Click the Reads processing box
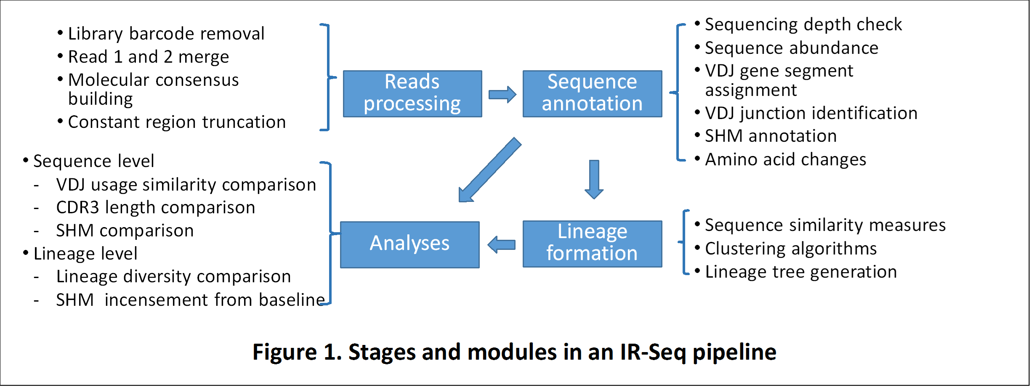(x=412, y=93)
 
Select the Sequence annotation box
(x=592, y=93)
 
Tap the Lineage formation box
(x=592, y=244)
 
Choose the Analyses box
(x=409, y=244)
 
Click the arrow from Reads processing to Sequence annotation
(x=502, y=95)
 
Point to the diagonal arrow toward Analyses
(x=489, y=170)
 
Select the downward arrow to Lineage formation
(x=594, y=179)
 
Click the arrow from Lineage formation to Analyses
(x=501, y=244)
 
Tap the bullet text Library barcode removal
(x=166, y=34)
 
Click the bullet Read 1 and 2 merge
(x=149, y=57)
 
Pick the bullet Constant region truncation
(x=177, y=122)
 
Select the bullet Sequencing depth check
(x=803, y=24)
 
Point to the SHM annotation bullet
(x=771, y=136)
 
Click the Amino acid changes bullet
(x=785, y=159)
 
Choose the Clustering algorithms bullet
(x=791, y=249)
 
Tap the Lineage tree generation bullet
(x=801, y=272)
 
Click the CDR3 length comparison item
(x=156, y=207)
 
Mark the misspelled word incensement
(x=157, y=300)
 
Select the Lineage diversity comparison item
(x=173, y=276)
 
